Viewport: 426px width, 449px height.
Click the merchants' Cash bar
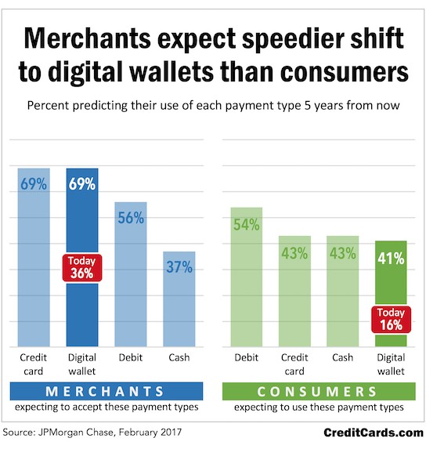pyautogui.click(x=179, y=299)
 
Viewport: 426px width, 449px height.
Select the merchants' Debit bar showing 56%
pyautogui.click(x=131, y=274)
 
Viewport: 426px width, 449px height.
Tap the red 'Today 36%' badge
pyautogui.click(x=82, y=268)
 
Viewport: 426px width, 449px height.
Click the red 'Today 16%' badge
pyautogui.click(x=391, y=319)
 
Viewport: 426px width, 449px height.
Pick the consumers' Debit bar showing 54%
pyautogui.click(x=247, y=277)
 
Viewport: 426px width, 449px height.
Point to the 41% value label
pyautogui.click(x=391, y=259)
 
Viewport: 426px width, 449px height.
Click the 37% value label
pyautogui.click(x=179, y=267)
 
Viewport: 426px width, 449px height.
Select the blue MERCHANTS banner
pyautogui.click(x=106, y=391)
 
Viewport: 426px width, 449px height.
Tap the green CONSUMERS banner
pyautogui.click(x=319, y=391)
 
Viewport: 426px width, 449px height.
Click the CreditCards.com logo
pyautogui.click(x=374, y=433)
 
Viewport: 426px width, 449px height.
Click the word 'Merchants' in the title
pyautogui.click(x=87, y=38)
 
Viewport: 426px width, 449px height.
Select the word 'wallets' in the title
pyautogui.click(x=171, y=71)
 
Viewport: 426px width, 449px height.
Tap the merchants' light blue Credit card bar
pyautogui.click(x=34, y=258)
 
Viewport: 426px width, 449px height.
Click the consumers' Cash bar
pyautogui.click(x=343, y=291)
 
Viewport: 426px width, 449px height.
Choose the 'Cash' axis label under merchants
pyautogui.click(x=179, y=357)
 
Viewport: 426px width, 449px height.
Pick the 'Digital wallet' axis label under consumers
pyautogui.click(x=391, y=364)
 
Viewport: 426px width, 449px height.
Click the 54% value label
pyautogui.click(x=247, y=224)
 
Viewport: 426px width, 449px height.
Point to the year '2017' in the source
pyautogui.click(x=171, y=432)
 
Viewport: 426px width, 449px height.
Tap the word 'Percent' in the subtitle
pyautogui.click(x=49, y=105)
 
